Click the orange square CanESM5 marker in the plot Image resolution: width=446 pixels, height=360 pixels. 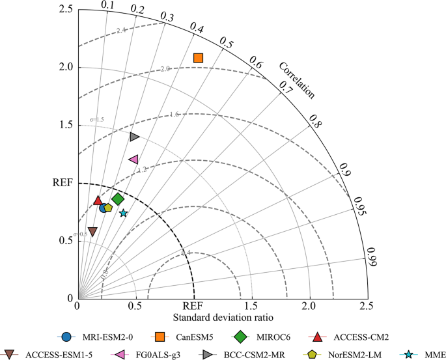point(199,58)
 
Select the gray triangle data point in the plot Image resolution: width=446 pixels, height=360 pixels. point(134,137)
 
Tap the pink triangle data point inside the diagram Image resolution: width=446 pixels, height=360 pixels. point(133,159)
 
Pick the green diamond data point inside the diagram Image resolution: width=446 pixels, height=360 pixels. point(118,199)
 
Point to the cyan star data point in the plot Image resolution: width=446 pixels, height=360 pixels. point(123,213)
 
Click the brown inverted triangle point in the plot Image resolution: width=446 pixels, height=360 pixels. point(92,231)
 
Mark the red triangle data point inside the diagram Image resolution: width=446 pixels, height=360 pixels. point(98,201)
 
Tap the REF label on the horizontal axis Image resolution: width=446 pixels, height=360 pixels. point(193,306)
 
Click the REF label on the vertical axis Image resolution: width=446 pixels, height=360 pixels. point(62,183)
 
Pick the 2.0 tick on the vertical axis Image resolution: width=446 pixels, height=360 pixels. point(66,67)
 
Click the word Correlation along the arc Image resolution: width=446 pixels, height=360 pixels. point(296,80)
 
